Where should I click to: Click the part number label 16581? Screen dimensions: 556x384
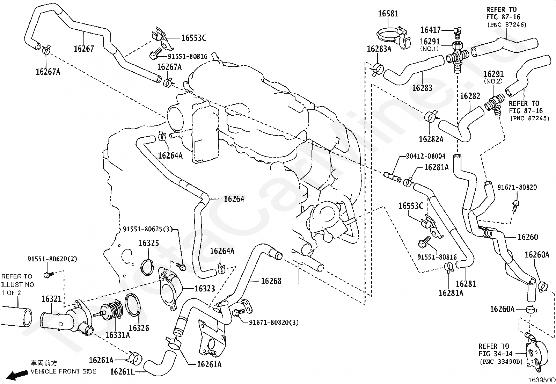point(388,13)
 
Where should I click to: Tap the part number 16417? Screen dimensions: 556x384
point(430,30)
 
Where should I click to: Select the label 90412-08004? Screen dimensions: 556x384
point(426,156)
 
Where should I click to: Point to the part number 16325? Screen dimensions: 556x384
point(149,243)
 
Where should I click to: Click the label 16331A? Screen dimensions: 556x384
point(117,335)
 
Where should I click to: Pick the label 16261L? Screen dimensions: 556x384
point(122,371)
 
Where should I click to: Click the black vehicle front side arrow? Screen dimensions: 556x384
point(17,375)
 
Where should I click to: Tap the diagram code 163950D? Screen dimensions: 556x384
point(541,380)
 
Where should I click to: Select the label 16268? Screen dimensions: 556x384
point(271,281)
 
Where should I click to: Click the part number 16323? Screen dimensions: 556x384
point(205,288)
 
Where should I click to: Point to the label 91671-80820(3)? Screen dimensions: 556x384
point(274,323)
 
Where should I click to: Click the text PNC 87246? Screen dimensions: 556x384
point(507,24)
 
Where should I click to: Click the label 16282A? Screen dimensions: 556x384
point(431,139)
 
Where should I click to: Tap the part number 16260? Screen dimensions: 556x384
point(528,237)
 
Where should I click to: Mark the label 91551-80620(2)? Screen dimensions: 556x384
point(52,259)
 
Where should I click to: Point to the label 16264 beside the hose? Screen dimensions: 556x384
point(234,199)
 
